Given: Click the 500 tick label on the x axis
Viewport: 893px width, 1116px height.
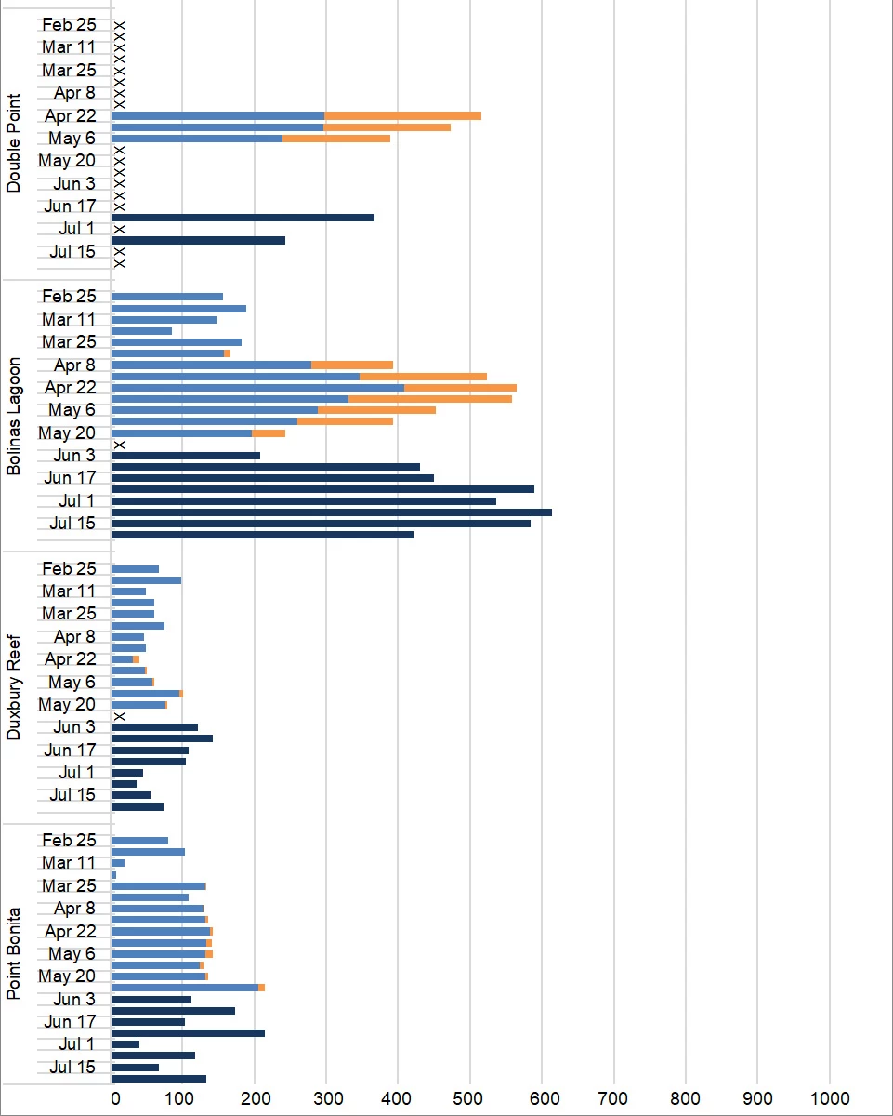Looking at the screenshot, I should pyautogui.click(x=469, y=1098).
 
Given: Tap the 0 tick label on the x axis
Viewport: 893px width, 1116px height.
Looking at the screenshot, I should pyautogui.click(x=115, y=1098).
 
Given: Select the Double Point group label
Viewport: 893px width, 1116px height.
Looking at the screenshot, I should pyautogui.click(x=13, y=141).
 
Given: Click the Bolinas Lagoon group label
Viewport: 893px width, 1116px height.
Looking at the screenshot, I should pyautogui.click(x=13, y=413).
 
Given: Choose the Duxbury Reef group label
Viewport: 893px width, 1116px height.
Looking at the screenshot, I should pyautogui.click(x=13, y=686).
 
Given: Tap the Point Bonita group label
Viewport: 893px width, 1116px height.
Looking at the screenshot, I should pyautogui.click(x=13, y=958).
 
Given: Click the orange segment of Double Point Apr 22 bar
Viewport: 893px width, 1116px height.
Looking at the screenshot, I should pyautogui.click(x=402, y=115).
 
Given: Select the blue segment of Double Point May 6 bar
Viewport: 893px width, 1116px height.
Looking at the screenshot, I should pyautogui.click(x=196, y=139).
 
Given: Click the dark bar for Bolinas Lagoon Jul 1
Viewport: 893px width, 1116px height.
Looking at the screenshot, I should pyautogui.click(x=304, y=500).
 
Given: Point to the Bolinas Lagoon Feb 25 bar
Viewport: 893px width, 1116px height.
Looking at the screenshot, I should pyautogui.click(x=167, y=297).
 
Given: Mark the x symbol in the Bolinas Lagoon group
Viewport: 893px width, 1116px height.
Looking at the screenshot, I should pyautogui.click(x=119, y=445).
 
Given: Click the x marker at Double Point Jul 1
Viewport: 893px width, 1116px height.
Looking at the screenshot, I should pyautogui.click(x=119, y=229).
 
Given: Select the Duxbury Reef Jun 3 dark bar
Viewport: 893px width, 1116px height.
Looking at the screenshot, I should pyautogui.click(x=154, y=727).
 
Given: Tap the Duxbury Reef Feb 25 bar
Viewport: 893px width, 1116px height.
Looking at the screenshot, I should pyautogui.click(x=135, y=568).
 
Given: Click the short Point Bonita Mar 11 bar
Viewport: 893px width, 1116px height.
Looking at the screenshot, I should pyautogui.click(x=118, y=863).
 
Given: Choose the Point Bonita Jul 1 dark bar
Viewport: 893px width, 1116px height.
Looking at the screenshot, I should pyautogui.click(x=125, y=1044).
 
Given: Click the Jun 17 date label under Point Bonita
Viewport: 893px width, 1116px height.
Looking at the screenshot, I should pyautogui.click(x=71, y=1022).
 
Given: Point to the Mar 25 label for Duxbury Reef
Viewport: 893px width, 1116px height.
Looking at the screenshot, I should pyautogui.click(x=69, y=614).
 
